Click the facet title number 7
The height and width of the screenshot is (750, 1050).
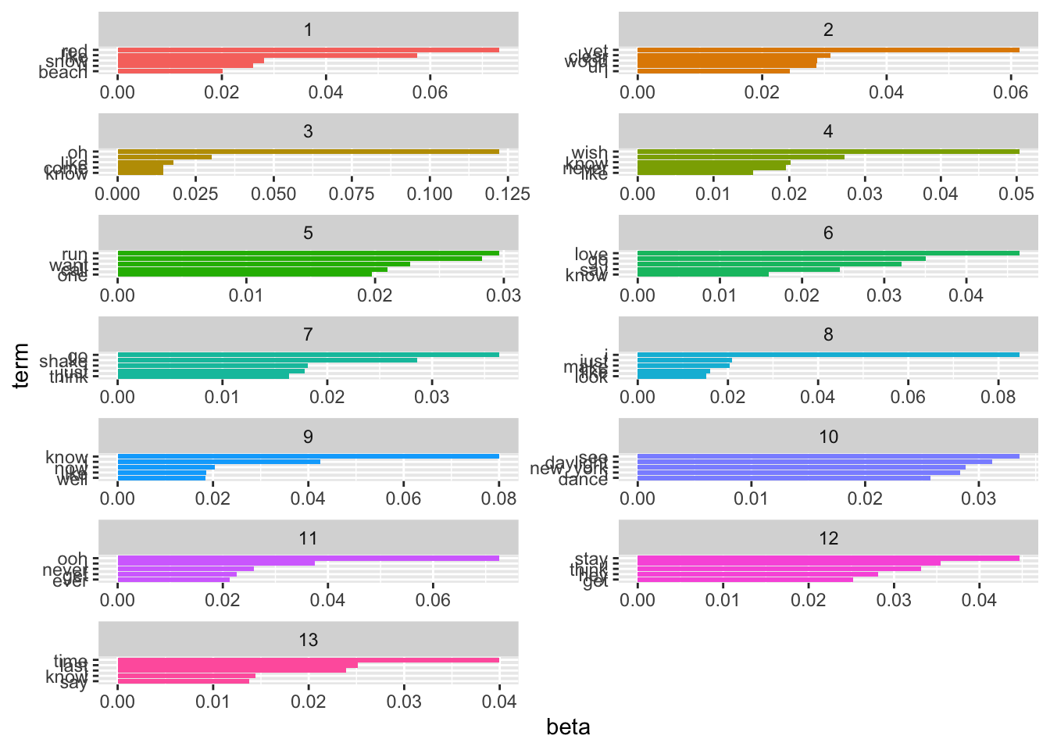308,334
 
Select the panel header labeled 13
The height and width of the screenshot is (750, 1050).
308,640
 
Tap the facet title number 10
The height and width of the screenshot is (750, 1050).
828,437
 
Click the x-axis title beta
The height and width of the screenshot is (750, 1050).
568,727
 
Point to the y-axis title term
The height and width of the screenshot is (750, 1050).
21,365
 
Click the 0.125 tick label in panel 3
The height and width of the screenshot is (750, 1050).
507,194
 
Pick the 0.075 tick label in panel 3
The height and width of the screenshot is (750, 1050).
352,194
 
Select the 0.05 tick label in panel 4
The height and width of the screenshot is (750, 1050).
1016,194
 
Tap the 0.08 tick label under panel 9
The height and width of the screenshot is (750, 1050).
499,498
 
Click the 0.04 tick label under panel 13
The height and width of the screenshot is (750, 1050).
499,702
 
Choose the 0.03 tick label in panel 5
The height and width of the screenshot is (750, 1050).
504,295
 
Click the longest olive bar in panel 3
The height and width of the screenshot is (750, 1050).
308,152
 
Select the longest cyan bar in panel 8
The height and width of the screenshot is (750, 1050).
828,355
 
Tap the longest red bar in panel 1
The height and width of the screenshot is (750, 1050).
308,50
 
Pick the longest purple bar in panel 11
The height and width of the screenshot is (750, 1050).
308,558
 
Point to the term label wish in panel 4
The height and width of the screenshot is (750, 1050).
589,152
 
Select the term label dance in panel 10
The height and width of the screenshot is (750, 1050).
583,479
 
